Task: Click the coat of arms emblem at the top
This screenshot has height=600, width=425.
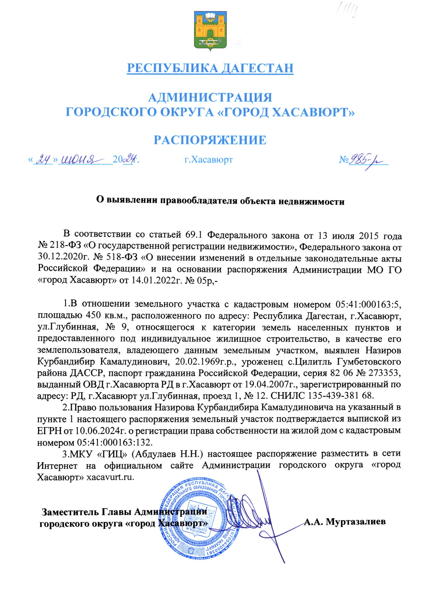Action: pyautogui.click(x=210, y=31)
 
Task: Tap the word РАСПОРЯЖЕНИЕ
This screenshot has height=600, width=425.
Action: pyautogui.click(x=210, y=140)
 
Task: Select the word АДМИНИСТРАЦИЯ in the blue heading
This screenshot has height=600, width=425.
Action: pyautogui.click(x=210, y=98)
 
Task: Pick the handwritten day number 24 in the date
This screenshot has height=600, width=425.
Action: pyautogui.click(x=43, y=159)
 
